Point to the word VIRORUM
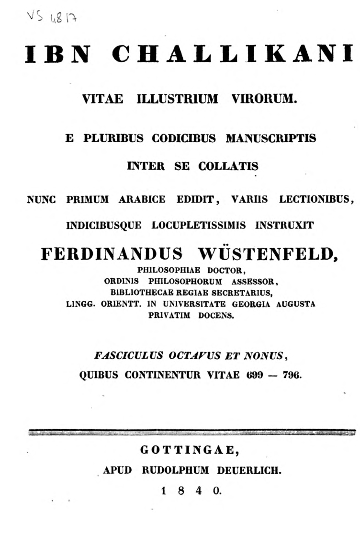[262, 99]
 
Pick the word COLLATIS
[226, 166]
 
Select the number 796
[292, 376]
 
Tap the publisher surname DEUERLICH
[249, 470]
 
